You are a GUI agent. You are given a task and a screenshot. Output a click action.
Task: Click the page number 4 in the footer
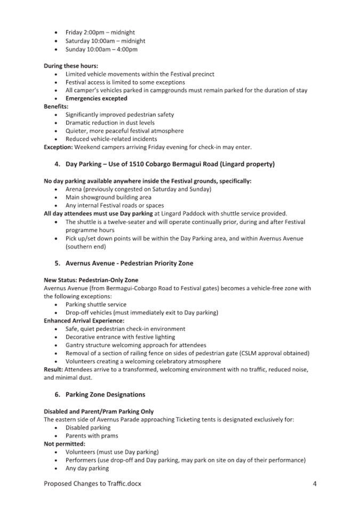[315, 484]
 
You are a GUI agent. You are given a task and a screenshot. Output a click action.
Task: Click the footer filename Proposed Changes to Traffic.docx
[92, 484]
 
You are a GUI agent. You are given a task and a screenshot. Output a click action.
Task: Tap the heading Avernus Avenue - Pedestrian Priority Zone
[129, 263]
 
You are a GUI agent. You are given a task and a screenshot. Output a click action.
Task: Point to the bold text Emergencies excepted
[97, 98]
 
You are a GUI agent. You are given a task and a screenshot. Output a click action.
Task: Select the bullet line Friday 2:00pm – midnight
[101, 33]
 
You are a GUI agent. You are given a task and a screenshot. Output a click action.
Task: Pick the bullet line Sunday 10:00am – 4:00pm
[101, 49]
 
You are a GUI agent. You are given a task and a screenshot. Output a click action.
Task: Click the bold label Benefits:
[56, 107]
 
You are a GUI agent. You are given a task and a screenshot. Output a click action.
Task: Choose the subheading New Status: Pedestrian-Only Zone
[91, 280]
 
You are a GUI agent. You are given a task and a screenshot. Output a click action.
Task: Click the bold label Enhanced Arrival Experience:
[84, 321]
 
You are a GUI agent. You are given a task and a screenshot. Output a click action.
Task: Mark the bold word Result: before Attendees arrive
[53, 369]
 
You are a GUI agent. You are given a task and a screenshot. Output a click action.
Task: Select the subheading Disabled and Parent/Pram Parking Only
[99, 411]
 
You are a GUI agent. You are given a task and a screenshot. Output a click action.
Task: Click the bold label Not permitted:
[64, 444]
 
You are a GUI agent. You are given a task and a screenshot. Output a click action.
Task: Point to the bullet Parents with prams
[92, 435]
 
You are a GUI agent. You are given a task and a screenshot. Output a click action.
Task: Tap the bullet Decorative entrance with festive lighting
[120, 337]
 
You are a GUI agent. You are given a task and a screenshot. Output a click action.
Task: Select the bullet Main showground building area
[108, 197]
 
